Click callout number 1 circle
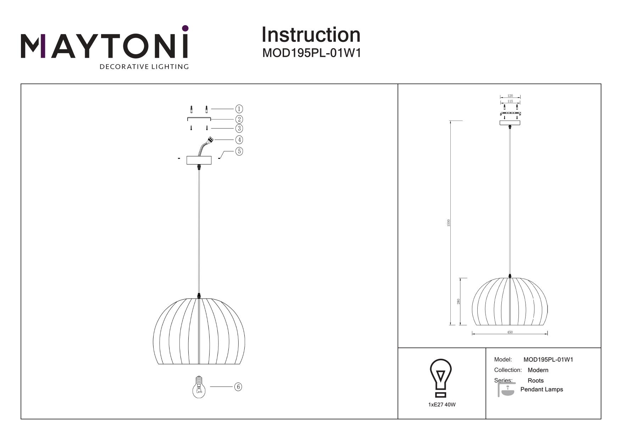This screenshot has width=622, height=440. [239, 109]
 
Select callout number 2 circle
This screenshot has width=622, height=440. [239, 119]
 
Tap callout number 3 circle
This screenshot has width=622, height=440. [239, 128]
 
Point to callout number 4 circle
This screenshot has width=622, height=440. [239, 140]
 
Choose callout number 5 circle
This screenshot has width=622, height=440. [239, 151]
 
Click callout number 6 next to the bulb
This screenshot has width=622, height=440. [238, 387]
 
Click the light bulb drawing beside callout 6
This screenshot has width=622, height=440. [199, 387]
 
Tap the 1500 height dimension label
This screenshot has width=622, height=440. [449, 223]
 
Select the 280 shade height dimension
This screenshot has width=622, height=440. [459, 302]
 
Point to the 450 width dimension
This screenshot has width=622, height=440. [510, 332]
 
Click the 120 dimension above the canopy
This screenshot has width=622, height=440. [510, 96]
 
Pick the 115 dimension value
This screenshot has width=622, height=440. [510, 101]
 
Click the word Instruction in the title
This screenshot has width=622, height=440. [311, 35]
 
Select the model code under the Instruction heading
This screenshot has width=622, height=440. [312, 53]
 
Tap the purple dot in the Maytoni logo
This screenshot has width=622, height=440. [185, 28]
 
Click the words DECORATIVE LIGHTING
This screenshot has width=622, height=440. [144, 67]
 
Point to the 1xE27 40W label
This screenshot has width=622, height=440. [442, 405]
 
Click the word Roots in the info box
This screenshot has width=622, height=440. [535, 380]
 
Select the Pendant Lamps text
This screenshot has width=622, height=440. [542, 389]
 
